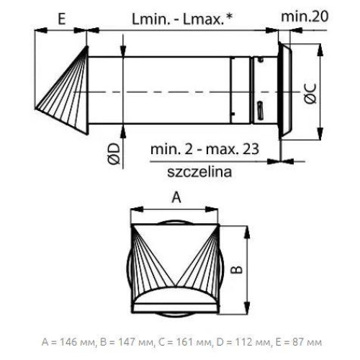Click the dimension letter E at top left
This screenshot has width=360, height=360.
(x=62, y=19)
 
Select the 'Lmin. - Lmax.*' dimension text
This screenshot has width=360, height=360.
(x=182, y=19)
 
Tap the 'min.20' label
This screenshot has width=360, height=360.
(x=305, y=17)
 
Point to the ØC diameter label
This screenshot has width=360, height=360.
(x=311, y=94)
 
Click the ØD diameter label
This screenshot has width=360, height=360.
(x=114, y=154)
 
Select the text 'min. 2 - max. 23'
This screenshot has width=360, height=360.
(x=204, y=149)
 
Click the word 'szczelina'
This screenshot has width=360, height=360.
(x=199, y=172)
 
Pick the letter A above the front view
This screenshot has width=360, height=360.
(x=176, y=198)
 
